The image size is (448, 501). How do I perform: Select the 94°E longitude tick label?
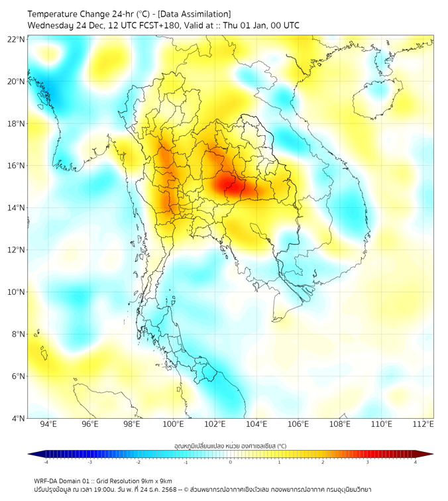pos(48,424)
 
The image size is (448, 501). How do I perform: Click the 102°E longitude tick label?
pos(215,424)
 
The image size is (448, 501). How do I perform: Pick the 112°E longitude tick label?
pos(423,424)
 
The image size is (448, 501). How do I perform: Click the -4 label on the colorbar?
pos(46,462)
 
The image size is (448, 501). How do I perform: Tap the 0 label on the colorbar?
pos(231,462)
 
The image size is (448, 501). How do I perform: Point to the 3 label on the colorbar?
pos(368,462)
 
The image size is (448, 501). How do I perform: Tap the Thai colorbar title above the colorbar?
pos(230,446)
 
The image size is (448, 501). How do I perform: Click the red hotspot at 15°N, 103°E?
pos(233,186)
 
